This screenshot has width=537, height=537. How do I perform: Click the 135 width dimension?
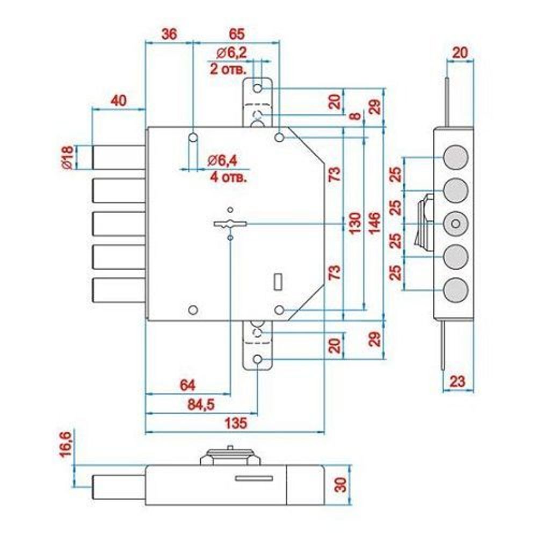pyautogui.click(x=235, y=423)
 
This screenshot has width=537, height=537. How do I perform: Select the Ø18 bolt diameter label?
pyautogui.click(x=67, y=158)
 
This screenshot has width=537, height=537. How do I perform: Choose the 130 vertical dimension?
pyautogui.click(x=353, y=223)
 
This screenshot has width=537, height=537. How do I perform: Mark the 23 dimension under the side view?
pyautogui.click(x=456, y=382)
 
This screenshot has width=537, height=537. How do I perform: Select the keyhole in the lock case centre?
pyautogui.click(x=230, y=224)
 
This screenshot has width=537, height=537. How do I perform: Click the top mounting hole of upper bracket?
pyautogui.click(x=258, y=88)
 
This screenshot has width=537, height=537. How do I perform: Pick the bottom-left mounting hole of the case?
pyautogui.click(x=193, y=310)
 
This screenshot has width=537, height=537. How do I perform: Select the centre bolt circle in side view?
pyautogui.click(x=455, y=223)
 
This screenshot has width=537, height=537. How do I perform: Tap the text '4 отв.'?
pyautogui.click(x=227, y=176)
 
